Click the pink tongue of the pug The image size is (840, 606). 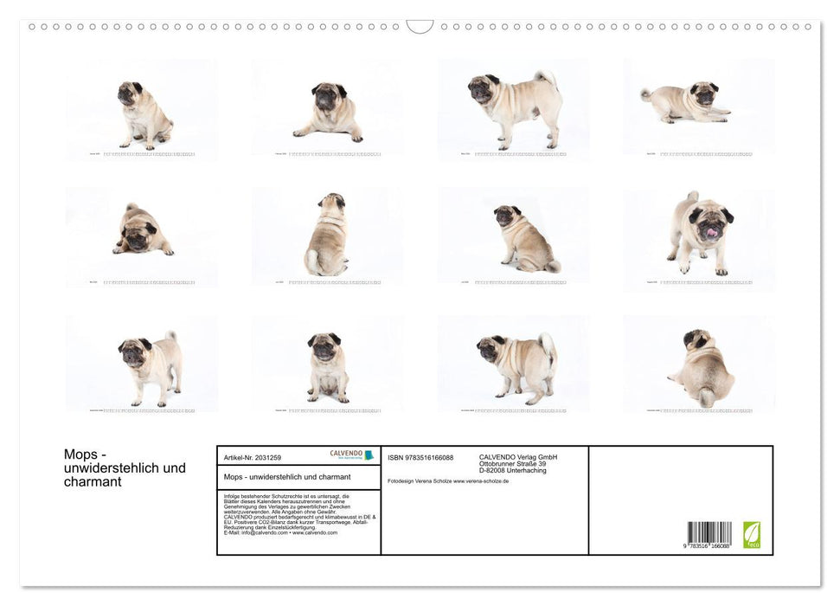click(712, 232)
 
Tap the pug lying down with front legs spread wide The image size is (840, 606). click(328, 113)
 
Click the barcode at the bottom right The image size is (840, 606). click(709, 532)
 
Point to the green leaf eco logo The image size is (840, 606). click(752, 534)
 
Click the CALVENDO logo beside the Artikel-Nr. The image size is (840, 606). click(351, 455)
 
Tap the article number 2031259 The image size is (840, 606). click(265, 457)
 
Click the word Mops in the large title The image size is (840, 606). click(80, 455)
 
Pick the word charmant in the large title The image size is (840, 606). click(93, 482)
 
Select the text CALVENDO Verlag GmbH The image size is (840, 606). click(518, 457)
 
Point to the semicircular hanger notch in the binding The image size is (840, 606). click(420, 26)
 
